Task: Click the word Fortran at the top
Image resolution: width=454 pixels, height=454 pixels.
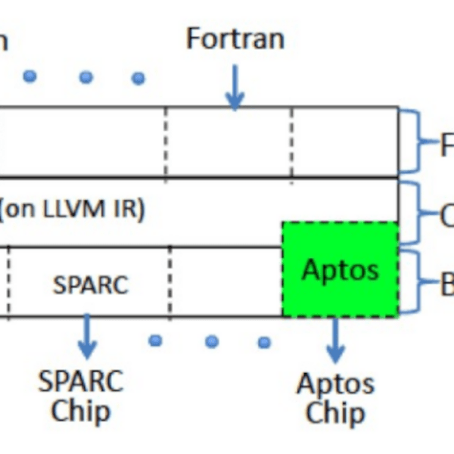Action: (235, 38)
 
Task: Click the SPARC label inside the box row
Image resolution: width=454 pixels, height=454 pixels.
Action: (90, 285)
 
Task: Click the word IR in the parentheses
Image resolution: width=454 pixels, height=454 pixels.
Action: (124, 209)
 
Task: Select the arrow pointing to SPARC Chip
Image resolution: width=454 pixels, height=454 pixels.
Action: (89, 337)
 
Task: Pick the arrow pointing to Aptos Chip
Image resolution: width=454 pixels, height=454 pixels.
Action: (335, 339)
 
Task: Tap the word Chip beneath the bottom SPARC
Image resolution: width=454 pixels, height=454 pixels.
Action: (80, 412)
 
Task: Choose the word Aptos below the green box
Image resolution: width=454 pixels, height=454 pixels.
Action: (335, 384)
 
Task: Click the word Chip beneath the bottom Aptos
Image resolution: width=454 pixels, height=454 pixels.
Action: (335, 413)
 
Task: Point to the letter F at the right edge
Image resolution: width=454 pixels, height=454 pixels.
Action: (447, 143)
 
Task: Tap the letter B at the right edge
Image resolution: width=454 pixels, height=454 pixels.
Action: (447, 285)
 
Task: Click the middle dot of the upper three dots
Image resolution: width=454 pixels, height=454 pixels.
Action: (86, 77)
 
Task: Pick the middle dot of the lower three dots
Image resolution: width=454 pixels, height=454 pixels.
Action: (211, 341)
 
